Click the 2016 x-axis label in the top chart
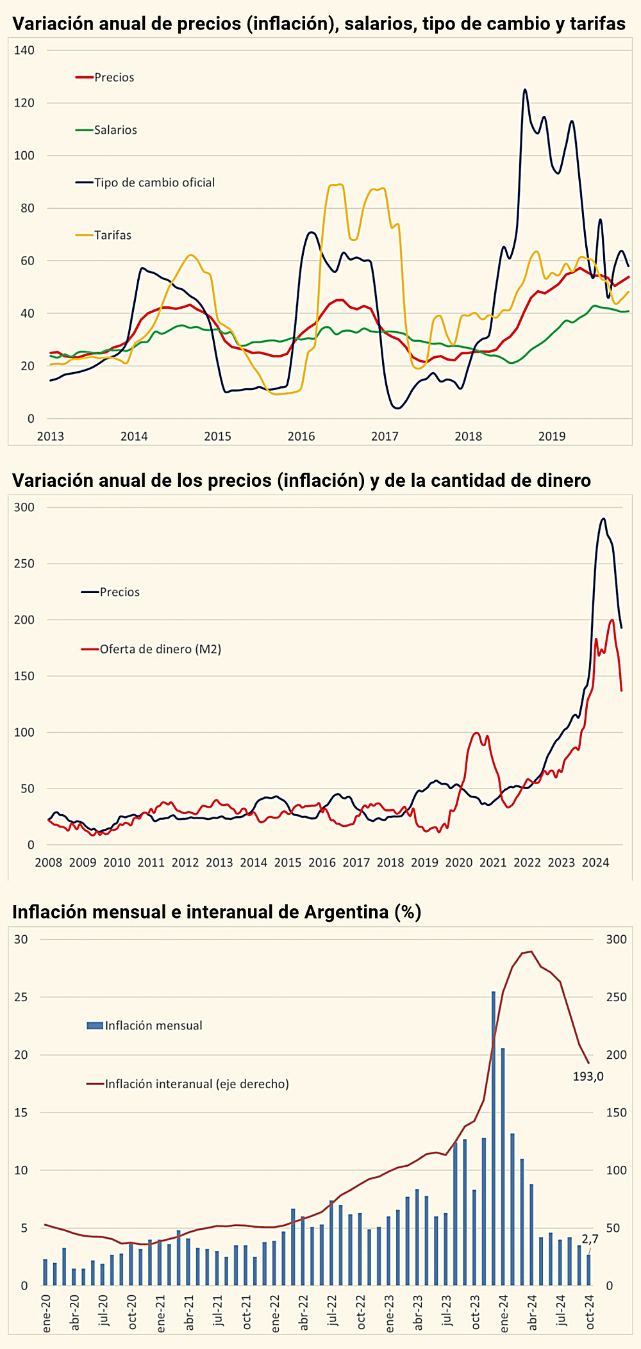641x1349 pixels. tap(301, 436)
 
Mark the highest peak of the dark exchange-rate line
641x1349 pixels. tap(525, 90)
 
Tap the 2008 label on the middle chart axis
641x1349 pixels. tap(48, 862)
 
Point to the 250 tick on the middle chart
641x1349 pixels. tap(24, 564)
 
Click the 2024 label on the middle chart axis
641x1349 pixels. tap(595, 862)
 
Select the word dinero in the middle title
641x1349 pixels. tap(558, 480)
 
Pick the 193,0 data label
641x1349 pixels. tap(588, 1077)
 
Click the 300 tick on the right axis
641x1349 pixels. tap(616, 939)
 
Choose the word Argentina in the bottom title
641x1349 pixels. tap(346, 912)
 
